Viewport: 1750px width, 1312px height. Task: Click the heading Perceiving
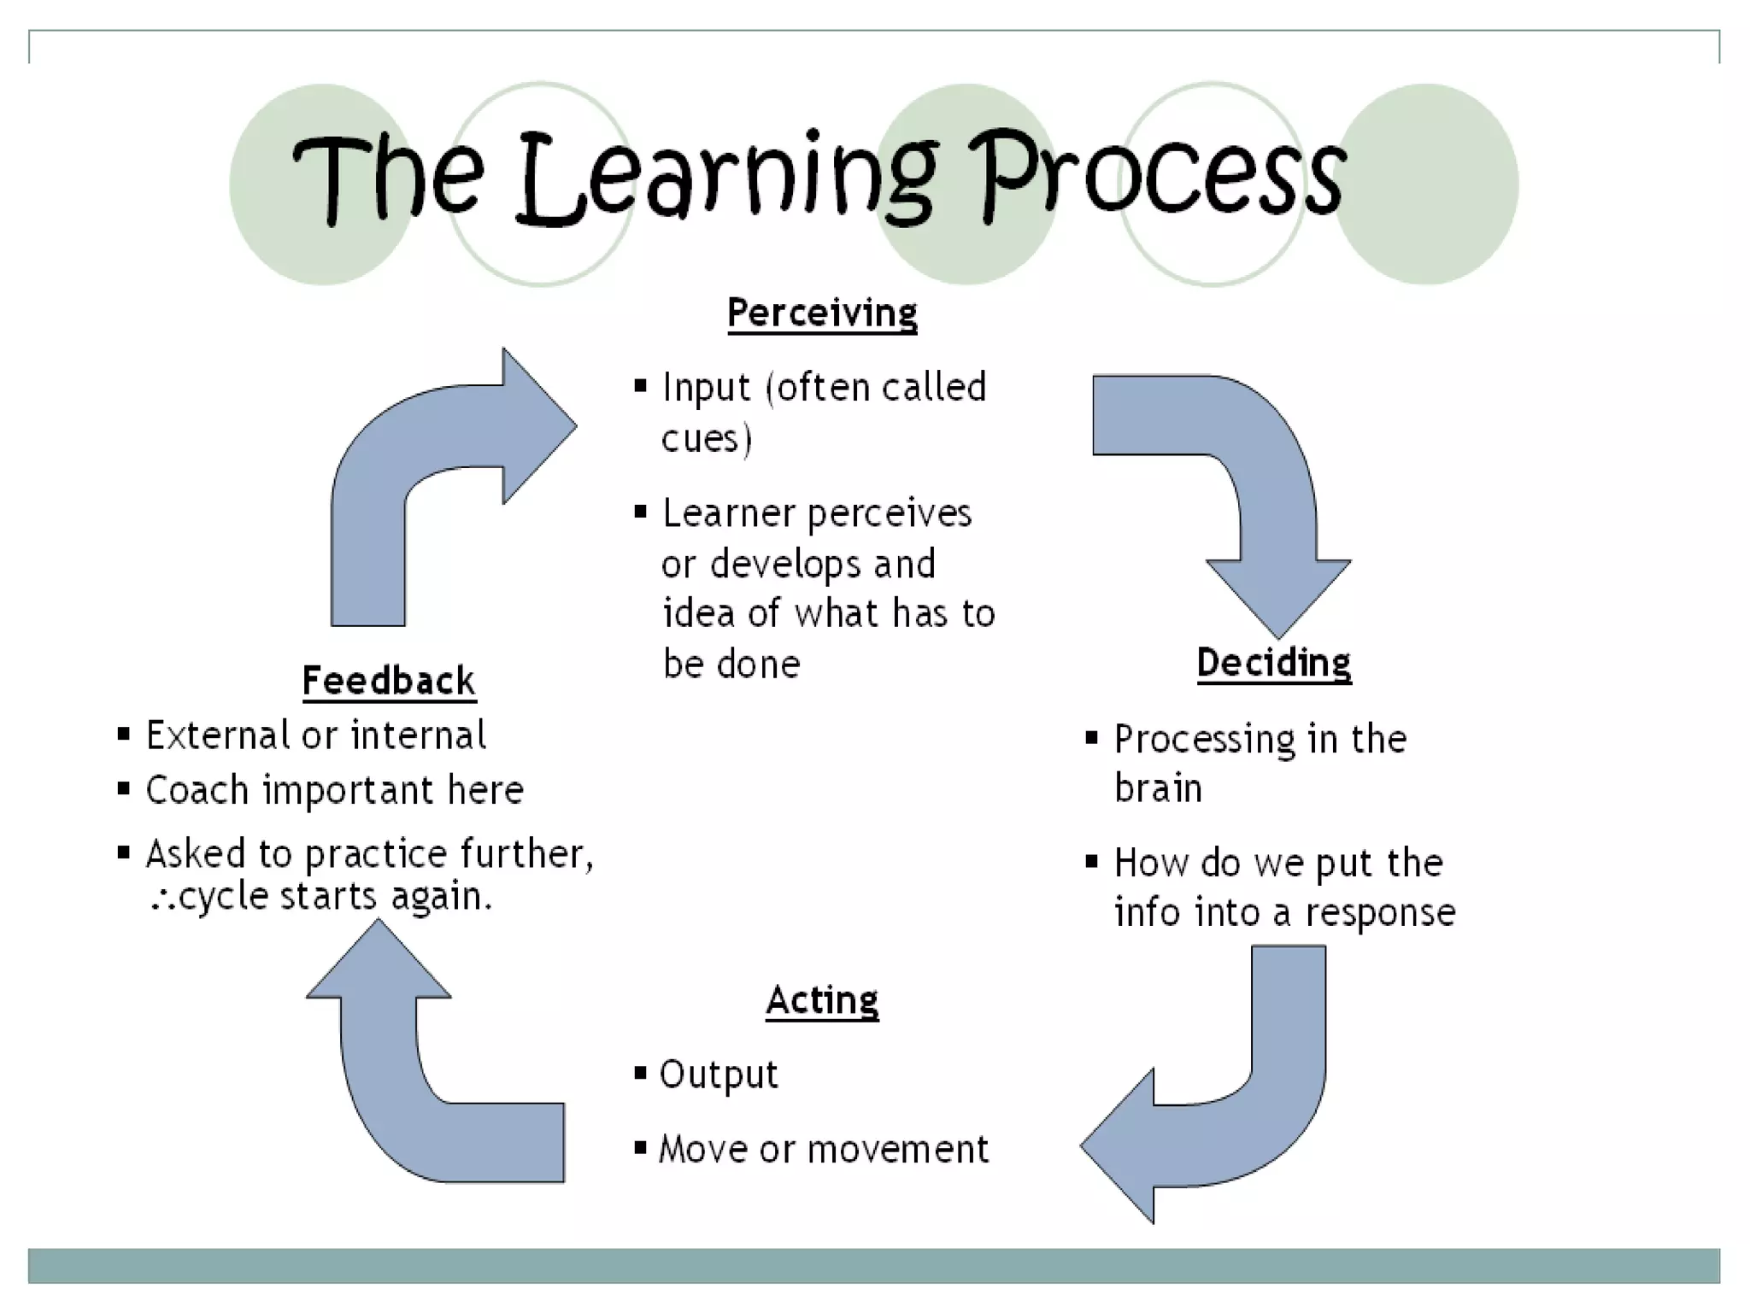click(822, 313)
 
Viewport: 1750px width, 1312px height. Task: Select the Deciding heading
click(1273, 664)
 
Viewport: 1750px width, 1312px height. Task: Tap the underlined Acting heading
click(822, 1001)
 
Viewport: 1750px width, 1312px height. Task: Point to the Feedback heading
click(389, 682)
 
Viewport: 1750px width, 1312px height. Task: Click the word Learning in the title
click(726, 179)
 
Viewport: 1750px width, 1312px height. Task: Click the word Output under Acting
click(719, 1075)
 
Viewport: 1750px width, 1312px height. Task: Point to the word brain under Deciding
click(1158, 788)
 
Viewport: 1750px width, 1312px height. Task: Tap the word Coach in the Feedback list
click(197, 790)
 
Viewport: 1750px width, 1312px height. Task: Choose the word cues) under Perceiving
click(707, 439)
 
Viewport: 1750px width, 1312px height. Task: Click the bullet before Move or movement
click(640, 1147)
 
